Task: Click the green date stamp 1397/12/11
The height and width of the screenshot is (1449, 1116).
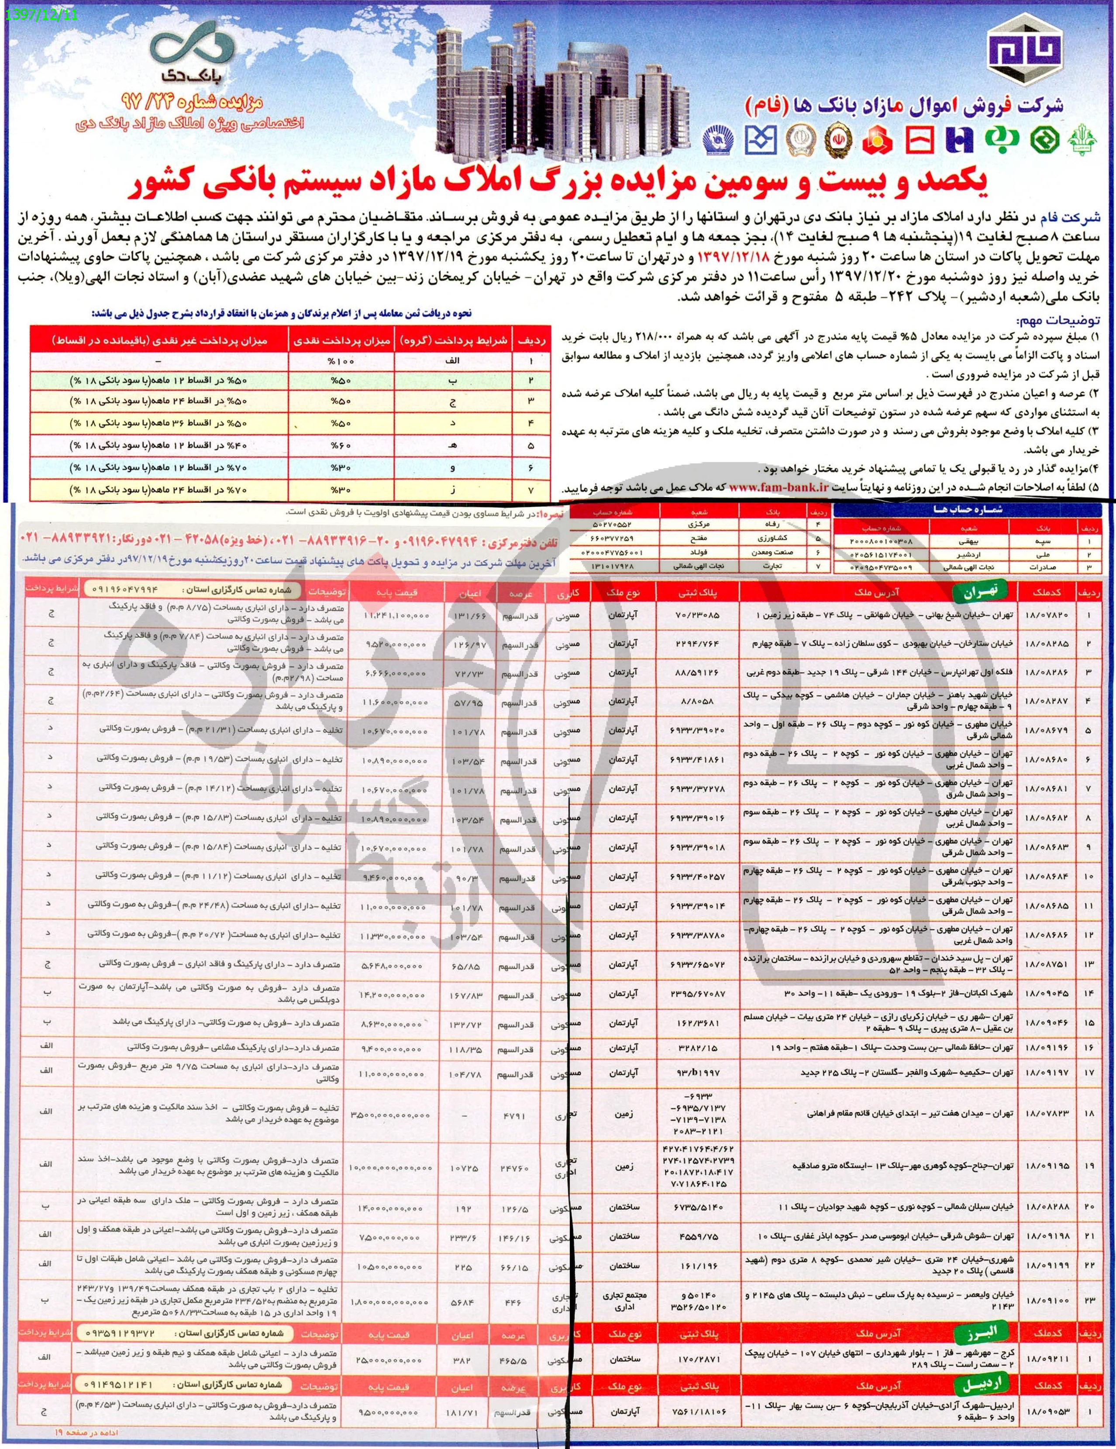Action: [41, 13]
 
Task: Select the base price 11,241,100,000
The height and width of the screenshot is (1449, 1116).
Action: [397, 616]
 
